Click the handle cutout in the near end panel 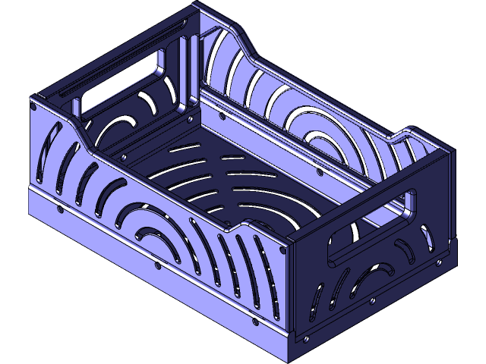coord(372,225)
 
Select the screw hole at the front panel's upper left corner coord(35,108)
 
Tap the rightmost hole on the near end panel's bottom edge coord(438,262)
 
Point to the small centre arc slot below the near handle coord(377,271)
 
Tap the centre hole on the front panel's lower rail coord(156,265)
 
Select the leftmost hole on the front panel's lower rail coord(59,210)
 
